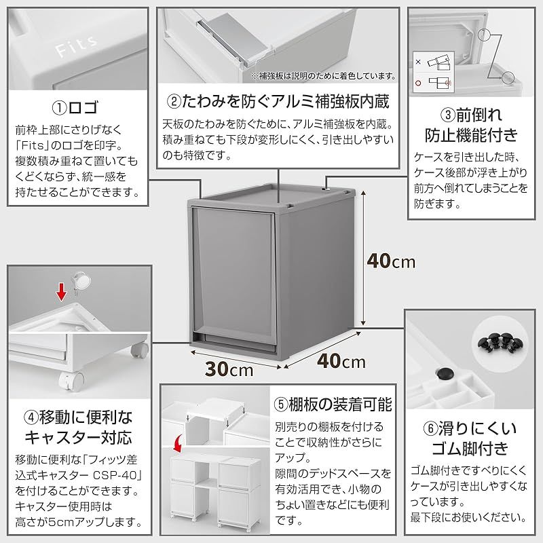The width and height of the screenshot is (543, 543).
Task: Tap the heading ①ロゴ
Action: click(76, 108)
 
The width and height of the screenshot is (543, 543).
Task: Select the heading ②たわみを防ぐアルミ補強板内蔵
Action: click(278, 101)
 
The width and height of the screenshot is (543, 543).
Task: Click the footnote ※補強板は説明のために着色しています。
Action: click(324, 76)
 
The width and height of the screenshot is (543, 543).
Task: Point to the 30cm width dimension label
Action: click(229, 369)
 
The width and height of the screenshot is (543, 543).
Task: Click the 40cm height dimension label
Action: click(391, 261)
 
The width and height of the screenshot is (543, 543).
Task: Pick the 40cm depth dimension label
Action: click(341, 362)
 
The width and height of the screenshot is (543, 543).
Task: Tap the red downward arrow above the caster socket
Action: click(62, 292)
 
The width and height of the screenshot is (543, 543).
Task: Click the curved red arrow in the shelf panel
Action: click(177, 445)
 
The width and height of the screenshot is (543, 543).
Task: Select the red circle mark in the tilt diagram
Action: click(418, 83)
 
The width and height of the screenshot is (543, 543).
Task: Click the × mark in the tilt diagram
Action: click(418, 62)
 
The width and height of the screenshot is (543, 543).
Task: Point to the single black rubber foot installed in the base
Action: click(445, 374)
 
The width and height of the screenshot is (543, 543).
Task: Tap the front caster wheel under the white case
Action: click(72, 381)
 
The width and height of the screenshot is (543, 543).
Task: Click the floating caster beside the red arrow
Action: click(81, 282)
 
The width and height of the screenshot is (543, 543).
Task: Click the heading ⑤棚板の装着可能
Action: click(333, 405)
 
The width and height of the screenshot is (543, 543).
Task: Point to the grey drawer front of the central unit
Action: click(233, 274)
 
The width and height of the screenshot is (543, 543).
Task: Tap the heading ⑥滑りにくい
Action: click(470, 428)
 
